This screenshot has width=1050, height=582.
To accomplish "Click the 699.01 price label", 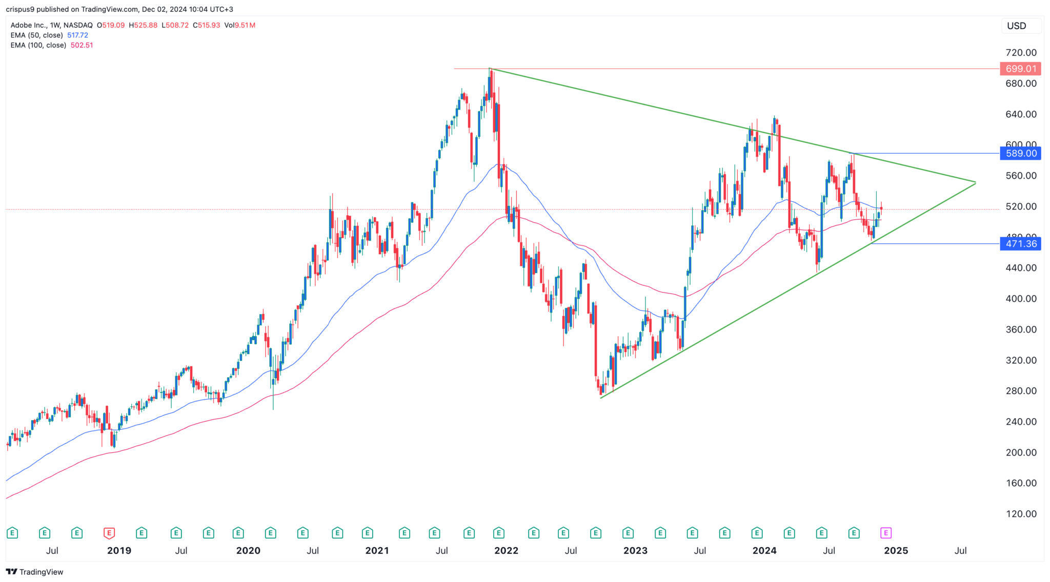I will pyautogui.click(x=1020, y=69).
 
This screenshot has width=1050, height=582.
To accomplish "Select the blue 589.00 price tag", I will pyautogui.click(x=1020, y=153).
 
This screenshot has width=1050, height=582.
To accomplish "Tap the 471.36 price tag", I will pyautogui.click(x=1020, y=244).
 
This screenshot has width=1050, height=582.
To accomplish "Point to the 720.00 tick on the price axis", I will pyautogui.click(x=1021, y=53).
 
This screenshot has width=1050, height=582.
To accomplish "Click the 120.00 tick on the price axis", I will pyautogui.click(x=1021, y=514).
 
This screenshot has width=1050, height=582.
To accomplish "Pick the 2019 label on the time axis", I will pyautogui.click(x=119, y=551).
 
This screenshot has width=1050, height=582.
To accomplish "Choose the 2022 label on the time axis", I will pyautogui.click(x=506, y=551).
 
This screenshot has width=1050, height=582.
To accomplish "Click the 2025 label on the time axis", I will pyautogui.click(x=896, y=551).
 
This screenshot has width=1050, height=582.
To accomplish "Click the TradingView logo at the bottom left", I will pyautogui.click(x=34, y=572).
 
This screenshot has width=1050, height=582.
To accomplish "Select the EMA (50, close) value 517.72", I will pyautogui.click(x=77, y=35).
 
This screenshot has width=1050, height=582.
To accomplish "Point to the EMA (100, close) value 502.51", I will pyautogui.click(x=82, y=45).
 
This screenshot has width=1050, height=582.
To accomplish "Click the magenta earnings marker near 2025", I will pyautogui.click(x=885, y=533).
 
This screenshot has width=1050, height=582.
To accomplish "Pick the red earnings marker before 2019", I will pyautogui.click(x=109, y=533).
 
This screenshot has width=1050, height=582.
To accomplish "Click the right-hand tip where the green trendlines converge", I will pyautogui.click(x=975, y=182).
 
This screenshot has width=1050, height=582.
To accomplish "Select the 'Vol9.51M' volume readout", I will pyautogui.click(x=239, y=25).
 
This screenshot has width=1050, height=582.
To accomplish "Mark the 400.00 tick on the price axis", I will pyautogui.click(x=1021, y=299).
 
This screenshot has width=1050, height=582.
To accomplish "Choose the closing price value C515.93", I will pyautogui.click(x=206, y=25).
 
